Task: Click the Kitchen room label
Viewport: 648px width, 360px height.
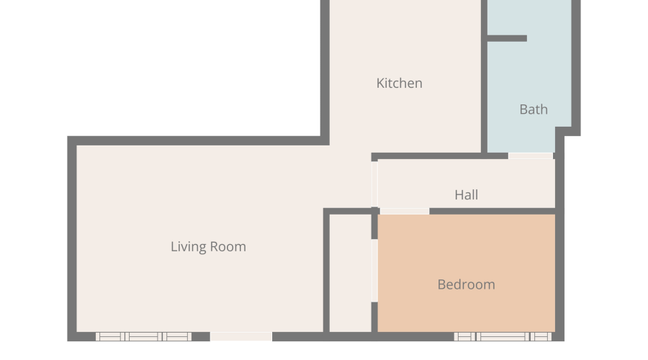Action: (x=399, y=83)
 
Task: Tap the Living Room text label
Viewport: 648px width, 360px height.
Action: (x=208, y=247)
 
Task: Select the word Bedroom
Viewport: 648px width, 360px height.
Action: (x=466, y=284)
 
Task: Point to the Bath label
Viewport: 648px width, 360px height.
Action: (x=534, y=109)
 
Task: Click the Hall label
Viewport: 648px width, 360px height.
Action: (x=466, y=194)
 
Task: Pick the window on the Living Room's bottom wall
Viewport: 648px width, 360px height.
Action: (x=143, y=336)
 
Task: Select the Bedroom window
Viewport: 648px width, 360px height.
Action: (x=503, y=336)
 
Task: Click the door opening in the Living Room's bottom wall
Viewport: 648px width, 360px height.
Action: (x=241, y=336)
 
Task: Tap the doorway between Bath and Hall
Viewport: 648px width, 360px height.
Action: (x=531, y=156)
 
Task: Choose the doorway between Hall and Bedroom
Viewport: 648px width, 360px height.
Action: (x=404, y=211)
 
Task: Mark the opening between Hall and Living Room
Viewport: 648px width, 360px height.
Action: (x=374, y=184)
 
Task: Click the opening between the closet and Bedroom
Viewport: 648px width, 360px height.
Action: (x=374, y=271)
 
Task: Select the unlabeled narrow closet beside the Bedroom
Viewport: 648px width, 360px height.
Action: (x=351, y=273)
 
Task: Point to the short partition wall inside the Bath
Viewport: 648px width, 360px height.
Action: (x=507, y=38)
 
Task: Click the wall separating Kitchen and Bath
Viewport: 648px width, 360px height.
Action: (x=484, y=76)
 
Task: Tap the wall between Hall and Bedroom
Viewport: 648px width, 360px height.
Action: (x=492, y=211)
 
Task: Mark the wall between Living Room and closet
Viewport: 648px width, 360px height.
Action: (x=326, y=271)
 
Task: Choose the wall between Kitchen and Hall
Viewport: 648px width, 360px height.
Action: (x=440, y=156)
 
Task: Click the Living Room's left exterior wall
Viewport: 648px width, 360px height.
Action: (x=72, y=238)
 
